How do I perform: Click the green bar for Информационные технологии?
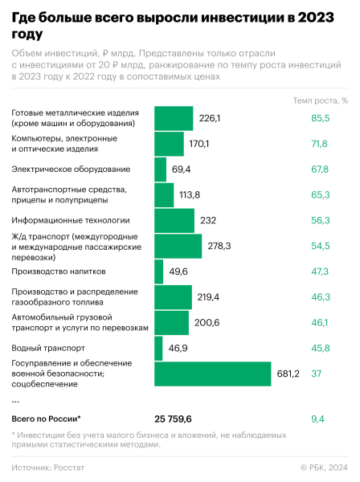[x=174, y=220]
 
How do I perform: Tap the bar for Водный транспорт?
[x=160, y=348]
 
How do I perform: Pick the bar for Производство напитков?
[x=158, y=272]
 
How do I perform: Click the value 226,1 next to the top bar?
[x=209, y=118]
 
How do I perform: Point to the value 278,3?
[x=219, y=246]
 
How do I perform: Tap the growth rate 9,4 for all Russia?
[x=318, y=419]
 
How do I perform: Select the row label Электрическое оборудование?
[x=71, y=170]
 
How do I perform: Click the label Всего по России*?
[x=46, y=419]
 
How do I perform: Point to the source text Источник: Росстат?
[x=53, y=467]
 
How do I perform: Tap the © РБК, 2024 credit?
[x=323, y=467]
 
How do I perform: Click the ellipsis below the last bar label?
[x=15, y=398]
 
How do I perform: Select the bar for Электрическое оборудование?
[x=160, y=170]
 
